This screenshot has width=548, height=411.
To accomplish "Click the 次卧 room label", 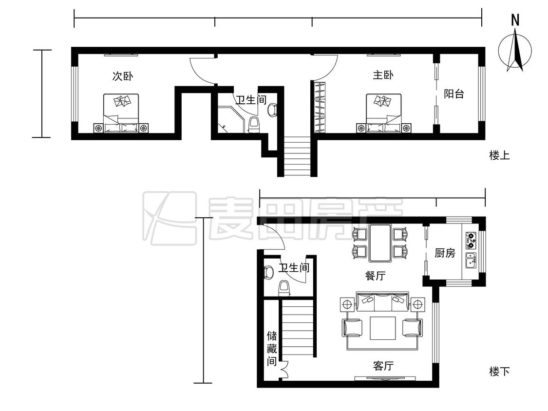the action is click(x=122, y=76).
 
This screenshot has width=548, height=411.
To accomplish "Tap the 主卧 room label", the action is click(x=383, y=75).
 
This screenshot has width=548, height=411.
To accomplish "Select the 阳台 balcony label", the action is click(x=454, y=93).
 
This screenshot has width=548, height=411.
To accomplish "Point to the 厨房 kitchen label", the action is click(x=445, y=253).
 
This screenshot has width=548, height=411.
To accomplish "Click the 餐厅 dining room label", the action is click(x=375, y=276).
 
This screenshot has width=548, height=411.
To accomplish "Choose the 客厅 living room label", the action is click(x=383, y=366).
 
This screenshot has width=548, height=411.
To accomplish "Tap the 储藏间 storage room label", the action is click(x=272, y=349).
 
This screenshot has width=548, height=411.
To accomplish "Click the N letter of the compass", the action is click(x=515, y=20).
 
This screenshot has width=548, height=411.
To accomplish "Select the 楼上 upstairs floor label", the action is click(x=499, y=155).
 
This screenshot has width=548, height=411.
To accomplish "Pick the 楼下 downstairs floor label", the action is click(x=499, y=371).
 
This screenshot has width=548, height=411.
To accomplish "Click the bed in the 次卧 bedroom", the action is click(x=121, y=113).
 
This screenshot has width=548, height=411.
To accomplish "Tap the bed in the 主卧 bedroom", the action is click(x=383, y=113).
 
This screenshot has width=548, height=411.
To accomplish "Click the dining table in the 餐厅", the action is click(x=380, y=243).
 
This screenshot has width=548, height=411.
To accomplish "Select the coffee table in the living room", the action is click(x=383, y=328).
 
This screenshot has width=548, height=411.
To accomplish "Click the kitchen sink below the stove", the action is click(x=471, y=261).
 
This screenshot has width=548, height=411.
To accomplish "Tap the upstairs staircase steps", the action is click(x=297, y=156).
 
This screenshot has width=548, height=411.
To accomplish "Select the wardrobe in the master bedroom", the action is click(x=320, y=107).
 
